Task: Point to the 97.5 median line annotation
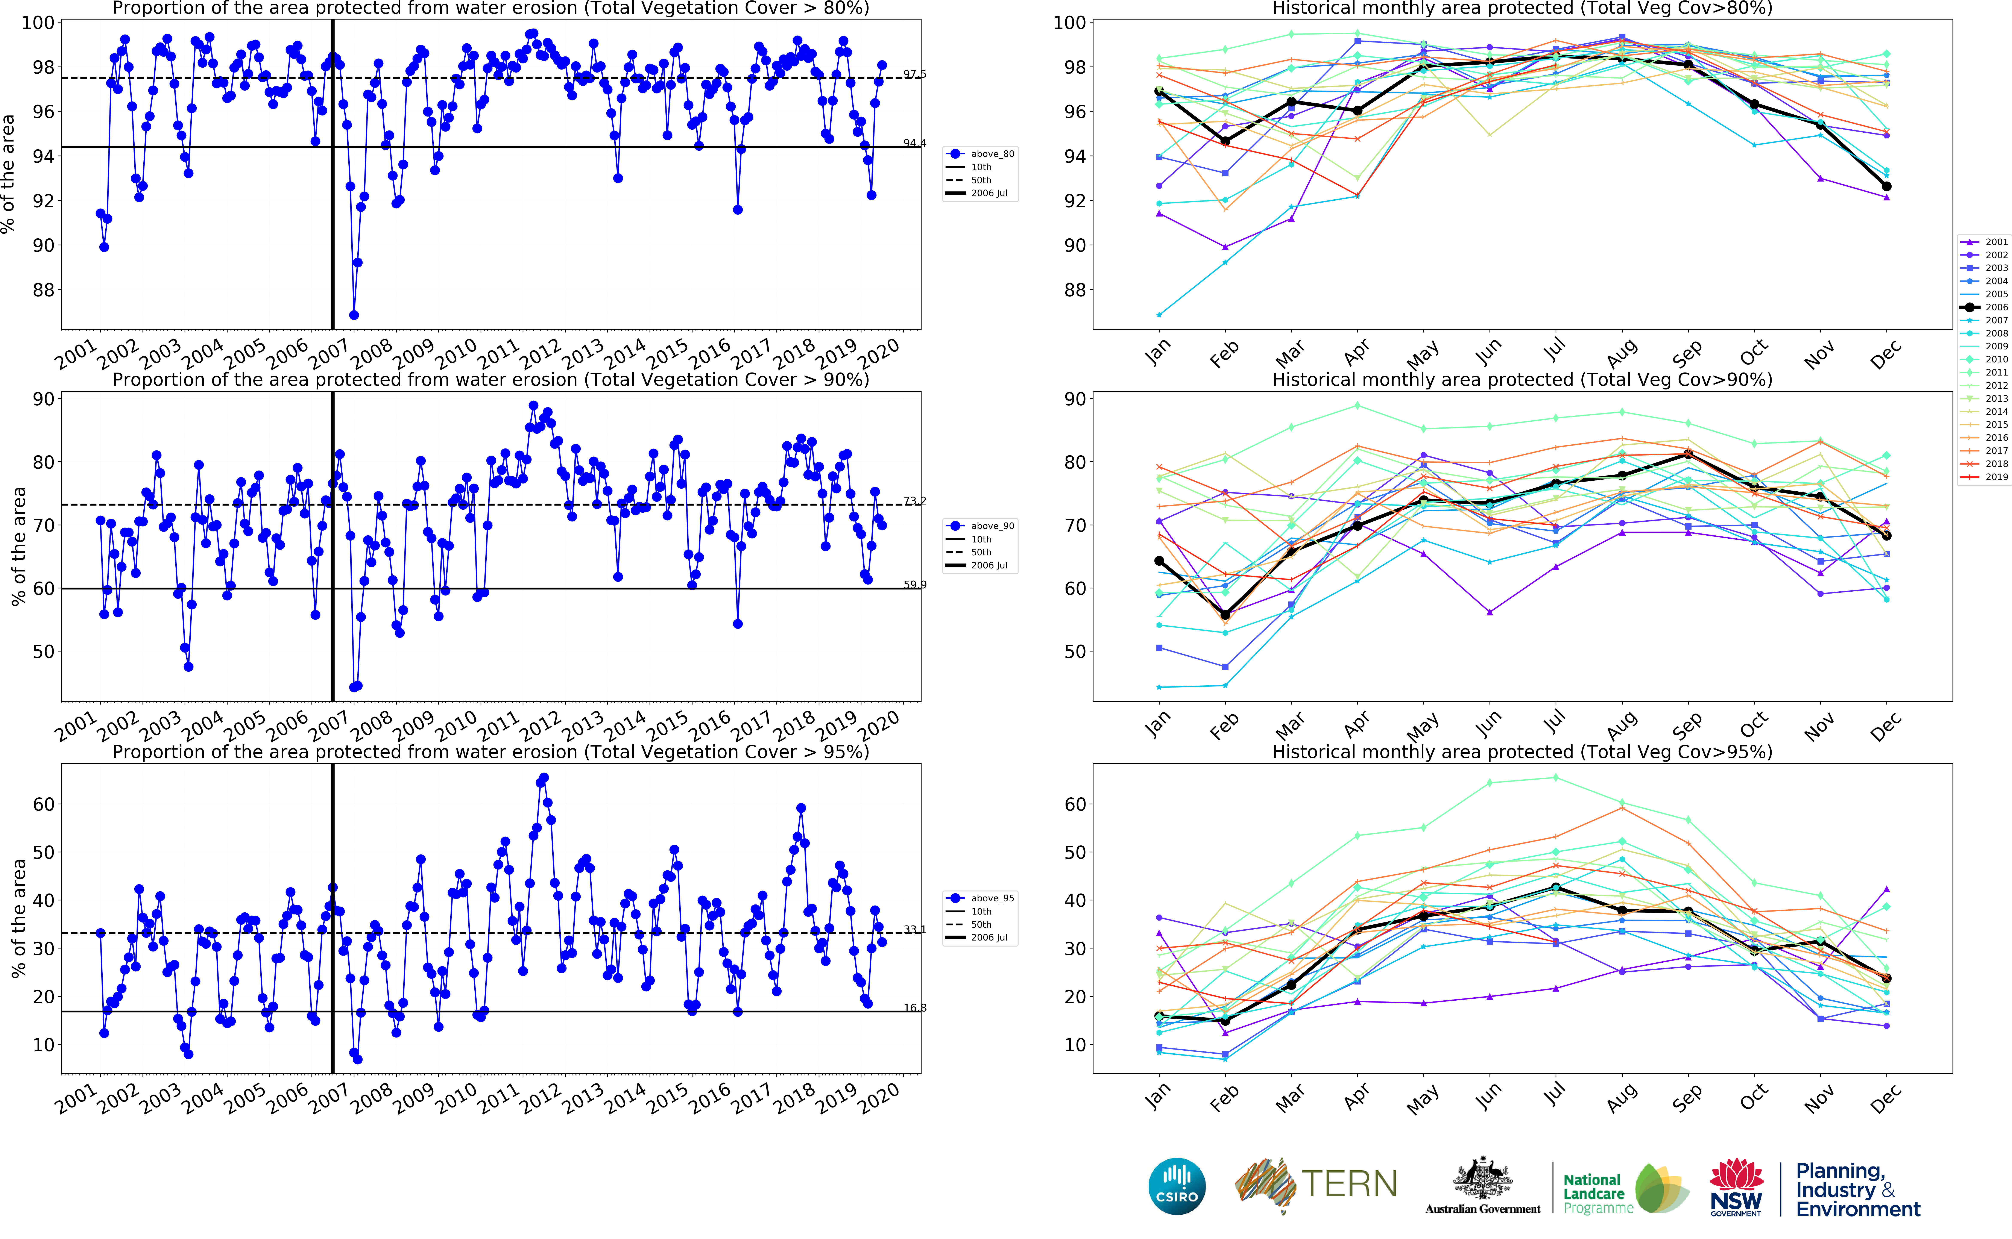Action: tap(915, 74)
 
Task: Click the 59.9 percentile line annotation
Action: tap(915, 584)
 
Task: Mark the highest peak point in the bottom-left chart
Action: tap(544, 778)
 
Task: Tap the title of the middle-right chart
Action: tap(1522, 379)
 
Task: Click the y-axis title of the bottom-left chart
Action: tap(18, 918)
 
